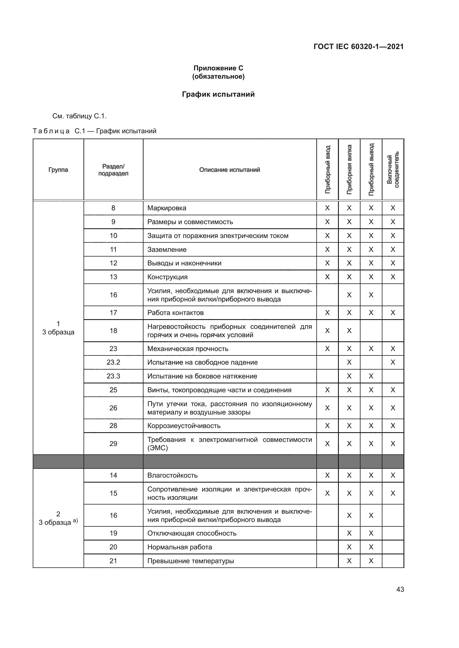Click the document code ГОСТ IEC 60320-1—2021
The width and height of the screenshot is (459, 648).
358,47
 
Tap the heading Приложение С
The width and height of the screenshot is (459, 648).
218,68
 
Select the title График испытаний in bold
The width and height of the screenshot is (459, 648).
218,94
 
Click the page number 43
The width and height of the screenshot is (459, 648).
400,589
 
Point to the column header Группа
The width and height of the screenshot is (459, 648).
58,170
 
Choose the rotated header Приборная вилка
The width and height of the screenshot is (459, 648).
349,169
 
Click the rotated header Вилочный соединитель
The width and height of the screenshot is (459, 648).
393,169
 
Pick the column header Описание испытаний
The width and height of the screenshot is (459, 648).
229,170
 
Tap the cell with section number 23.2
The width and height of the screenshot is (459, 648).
113,362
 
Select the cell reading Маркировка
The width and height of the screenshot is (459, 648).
167,208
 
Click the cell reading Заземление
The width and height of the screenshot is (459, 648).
167,250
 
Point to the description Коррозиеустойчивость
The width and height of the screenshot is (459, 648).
184,426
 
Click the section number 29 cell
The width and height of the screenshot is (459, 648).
113,444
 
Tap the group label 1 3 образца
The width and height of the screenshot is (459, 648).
58,328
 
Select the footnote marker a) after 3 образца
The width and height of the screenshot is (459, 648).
75,521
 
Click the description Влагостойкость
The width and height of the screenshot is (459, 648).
172,475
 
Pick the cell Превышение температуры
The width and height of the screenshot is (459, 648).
190,561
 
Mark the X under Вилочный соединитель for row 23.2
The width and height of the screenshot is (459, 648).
393,362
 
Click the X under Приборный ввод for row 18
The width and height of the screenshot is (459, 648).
327,331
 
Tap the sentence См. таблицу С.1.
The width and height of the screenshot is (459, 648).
79,116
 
